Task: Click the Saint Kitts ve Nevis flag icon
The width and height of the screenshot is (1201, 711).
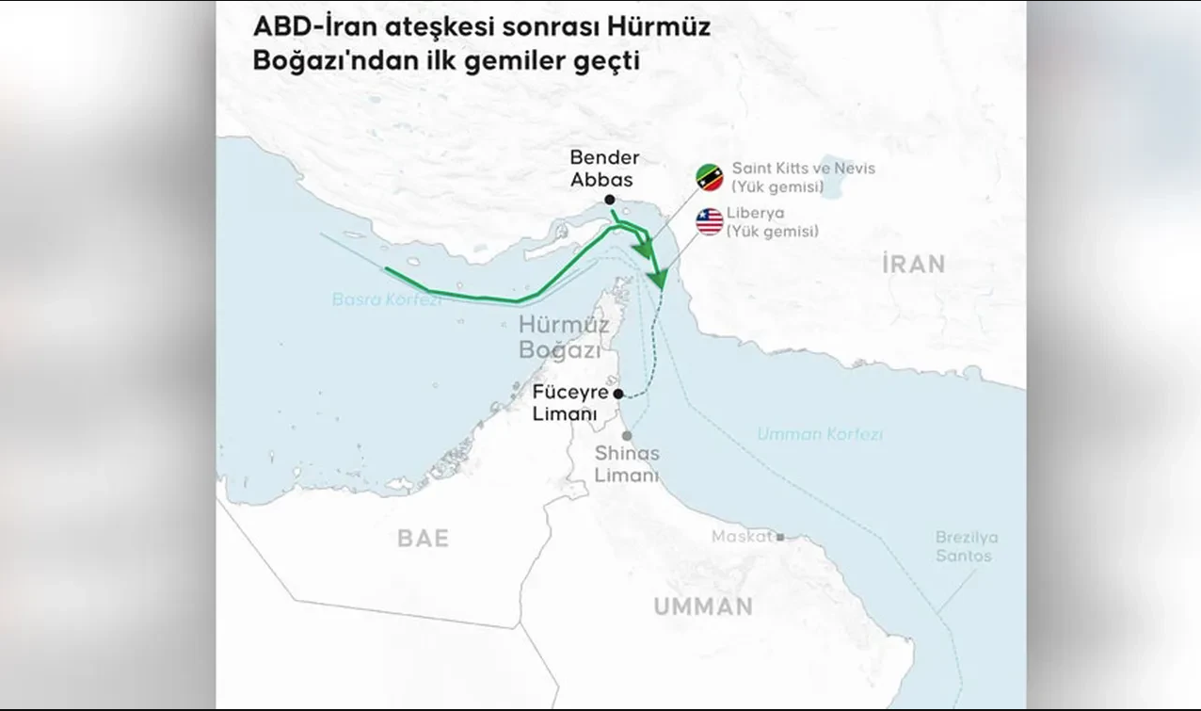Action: click(710, 177)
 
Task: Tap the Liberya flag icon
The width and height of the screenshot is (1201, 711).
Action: click(710, 222)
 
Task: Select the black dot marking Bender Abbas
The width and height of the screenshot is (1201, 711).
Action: click(610, 200)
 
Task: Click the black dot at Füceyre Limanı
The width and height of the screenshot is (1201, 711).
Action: click(617, 394)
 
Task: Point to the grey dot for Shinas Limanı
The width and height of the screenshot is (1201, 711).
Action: click(626, 435)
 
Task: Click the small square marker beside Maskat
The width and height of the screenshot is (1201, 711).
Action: click(779, 537)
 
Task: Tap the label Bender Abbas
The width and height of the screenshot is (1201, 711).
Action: click(604, 169)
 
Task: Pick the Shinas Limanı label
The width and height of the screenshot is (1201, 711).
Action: click(627, 464)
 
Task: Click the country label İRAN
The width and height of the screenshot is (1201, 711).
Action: click(913, 264)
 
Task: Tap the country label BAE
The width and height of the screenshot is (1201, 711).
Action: click(423, 538)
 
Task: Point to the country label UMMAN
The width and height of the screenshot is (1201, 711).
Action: click(703, 606)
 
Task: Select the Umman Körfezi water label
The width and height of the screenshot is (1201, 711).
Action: click(820, 434)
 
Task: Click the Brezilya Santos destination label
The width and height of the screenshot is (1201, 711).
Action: click(966, 546)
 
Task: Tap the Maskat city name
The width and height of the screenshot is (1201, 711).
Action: click(742, 537)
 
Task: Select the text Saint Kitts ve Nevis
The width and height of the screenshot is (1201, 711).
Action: click(803, 169)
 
